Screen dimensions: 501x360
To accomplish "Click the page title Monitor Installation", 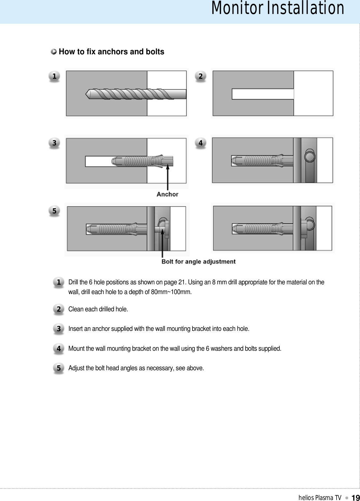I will tap(277, 8).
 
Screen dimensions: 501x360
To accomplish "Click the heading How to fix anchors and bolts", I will tap(111, 52).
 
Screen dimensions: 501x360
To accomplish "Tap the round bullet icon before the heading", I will tap(54, 52).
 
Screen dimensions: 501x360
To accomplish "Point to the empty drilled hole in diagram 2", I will tap(262, 94).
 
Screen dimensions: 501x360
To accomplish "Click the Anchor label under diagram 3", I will tap(167, 194).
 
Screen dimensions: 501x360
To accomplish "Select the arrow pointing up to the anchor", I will tap(167, 177).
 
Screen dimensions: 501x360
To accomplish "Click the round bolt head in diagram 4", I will tap(310, 157).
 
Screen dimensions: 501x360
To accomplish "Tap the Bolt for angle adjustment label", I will tap(198, 262).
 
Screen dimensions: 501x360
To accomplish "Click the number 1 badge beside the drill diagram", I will tap(54, 76).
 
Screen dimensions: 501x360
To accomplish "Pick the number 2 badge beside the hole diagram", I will tap(201, 76).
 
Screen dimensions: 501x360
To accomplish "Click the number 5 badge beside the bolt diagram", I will tap(54, 211).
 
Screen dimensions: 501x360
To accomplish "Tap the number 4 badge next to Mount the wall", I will tap(59, 348).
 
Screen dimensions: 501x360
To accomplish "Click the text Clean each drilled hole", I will tap(98, 309).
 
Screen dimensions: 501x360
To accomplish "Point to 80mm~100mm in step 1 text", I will tap(171, 292).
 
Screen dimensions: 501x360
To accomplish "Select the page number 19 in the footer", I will tap(355, 497).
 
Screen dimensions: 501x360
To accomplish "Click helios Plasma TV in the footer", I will tap(320, 497).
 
